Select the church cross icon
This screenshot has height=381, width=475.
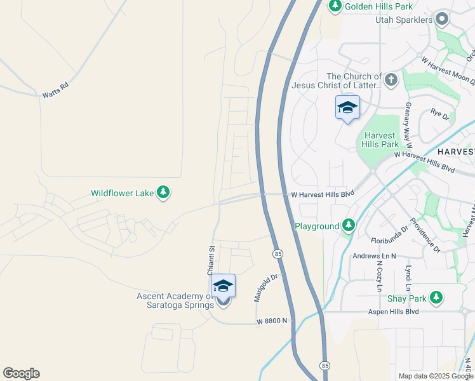click(x=391, y=80)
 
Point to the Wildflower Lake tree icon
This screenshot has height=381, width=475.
click(x=164, y=192)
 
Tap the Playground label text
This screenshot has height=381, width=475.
click(x=317, y=226)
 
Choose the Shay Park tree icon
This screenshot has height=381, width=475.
click(x=436, y=297)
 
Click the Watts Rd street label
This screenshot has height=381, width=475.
click(x=55, y=90)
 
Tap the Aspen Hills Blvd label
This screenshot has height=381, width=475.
click(x=394, y=312)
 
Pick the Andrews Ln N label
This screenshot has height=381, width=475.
click(x=374, y=256)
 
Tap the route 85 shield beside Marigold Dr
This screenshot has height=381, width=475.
click(x=278, y=254)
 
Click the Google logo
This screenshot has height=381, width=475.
click(x=21, y=373)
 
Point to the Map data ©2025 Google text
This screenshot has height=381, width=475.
click(x=436, y=376)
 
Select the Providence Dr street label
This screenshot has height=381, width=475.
click(x=425, y=233)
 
